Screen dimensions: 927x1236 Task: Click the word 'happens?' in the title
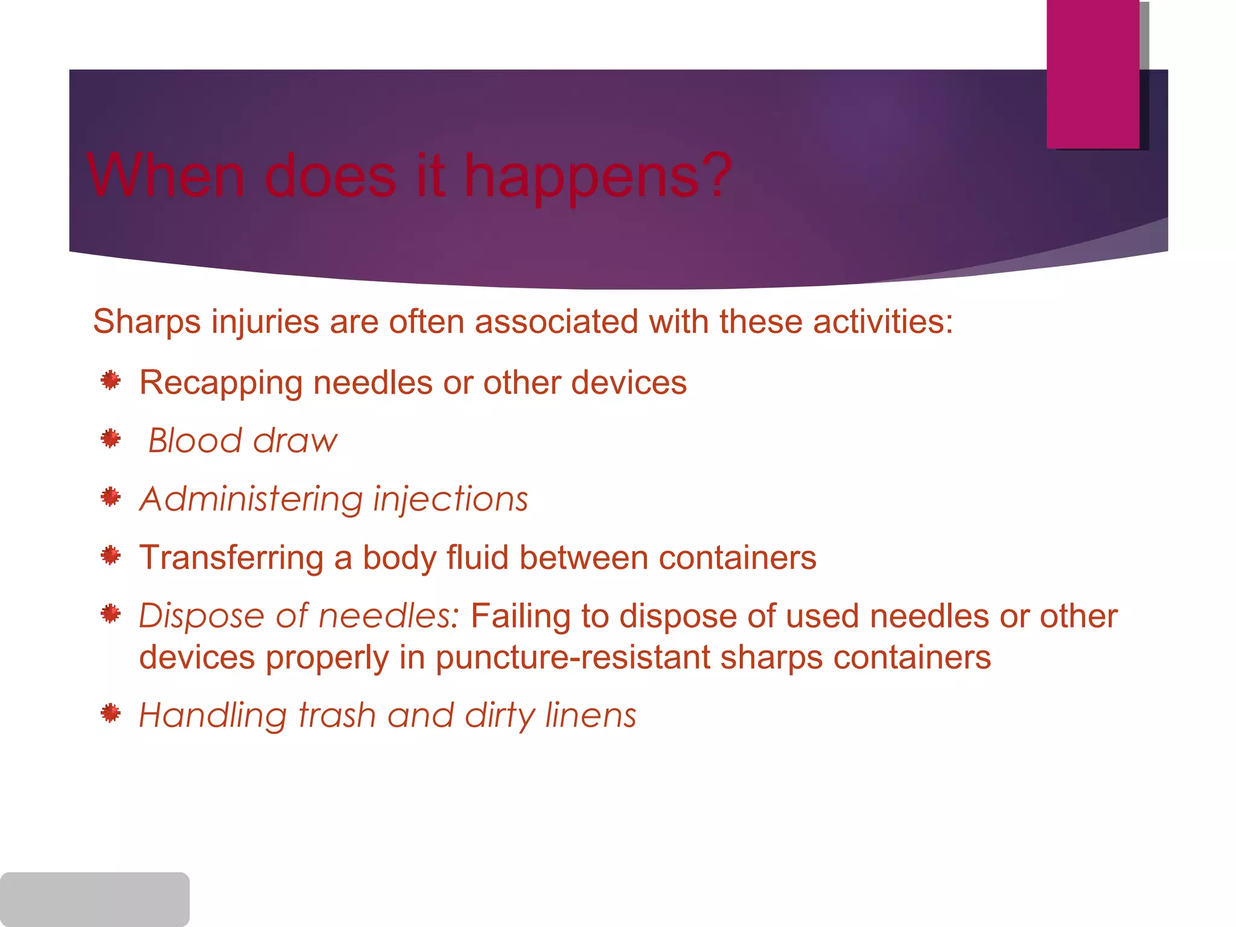pos(598,176)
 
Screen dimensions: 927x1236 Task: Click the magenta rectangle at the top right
pos(1092,74)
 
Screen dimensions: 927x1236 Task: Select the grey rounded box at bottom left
pos(95,899)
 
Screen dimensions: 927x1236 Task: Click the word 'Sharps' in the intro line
pos(146,322)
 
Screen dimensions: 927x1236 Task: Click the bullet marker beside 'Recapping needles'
pos(110,381)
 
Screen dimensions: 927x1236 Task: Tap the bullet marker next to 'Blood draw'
pos(110,439)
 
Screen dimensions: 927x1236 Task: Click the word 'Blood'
pos(194,441)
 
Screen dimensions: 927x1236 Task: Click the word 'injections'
pos(450,499)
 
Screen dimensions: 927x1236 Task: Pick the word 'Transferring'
pos(232,557)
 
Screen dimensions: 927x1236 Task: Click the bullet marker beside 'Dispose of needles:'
pos(110,614)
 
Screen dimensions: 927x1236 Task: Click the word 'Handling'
pos(212,715)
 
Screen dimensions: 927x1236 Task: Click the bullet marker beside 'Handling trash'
pos(110,713)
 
